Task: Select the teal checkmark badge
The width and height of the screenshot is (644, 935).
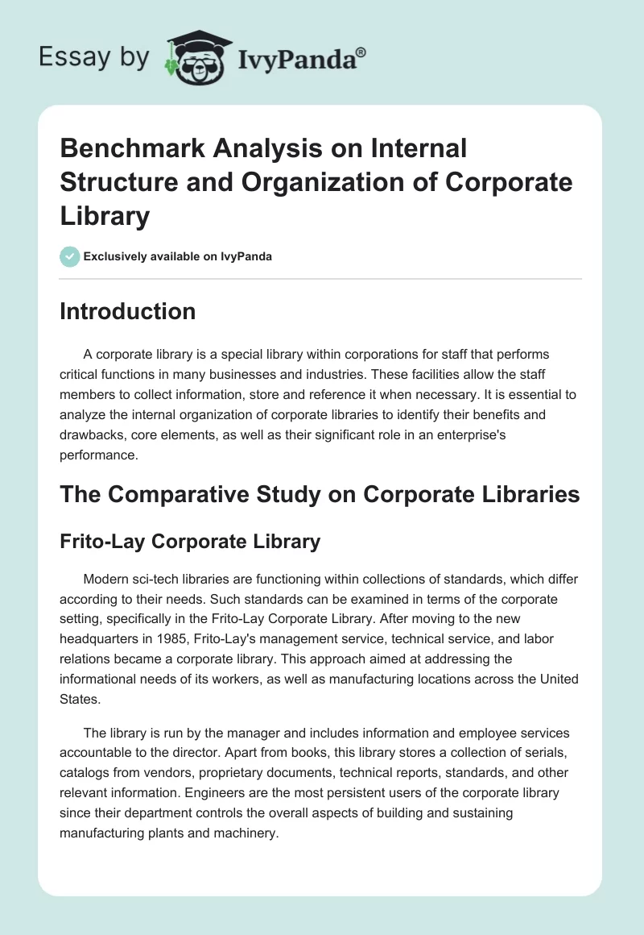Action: [x=69, y=256]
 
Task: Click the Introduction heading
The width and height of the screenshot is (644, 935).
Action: [x=127, y=311]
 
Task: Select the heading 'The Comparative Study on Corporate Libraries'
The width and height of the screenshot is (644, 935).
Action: [x=320, y=494]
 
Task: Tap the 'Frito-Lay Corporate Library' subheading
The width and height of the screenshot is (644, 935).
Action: [x=190, y=542]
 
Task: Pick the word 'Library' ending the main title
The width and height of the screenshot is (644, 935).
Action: [x=105, y=216]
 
